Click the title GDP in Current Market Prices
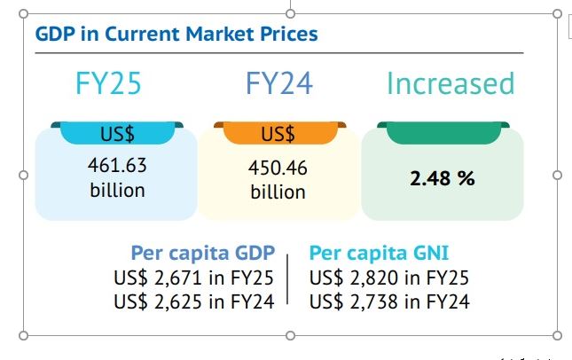pos(176,35)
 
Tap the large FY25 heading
pos(108,83)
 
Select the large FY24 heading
pos(280,83)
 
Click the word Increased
pos(451,83)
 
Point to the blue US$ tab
pos(114,134)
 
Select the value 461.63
pos(117,166)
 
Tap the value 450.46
pos(278,168)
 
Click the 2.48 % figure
pos(443,178)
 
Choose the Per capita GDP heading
pos(203,252)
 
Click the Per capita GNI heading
pos(380,252)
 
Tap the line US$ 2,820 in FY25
pos(389,277)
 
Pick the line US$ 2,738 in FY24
pos(389,301)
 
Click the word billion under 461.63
pos(117,190)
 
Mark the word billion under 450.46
pos(278,192)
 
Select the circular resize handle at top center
pos(291,13)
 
